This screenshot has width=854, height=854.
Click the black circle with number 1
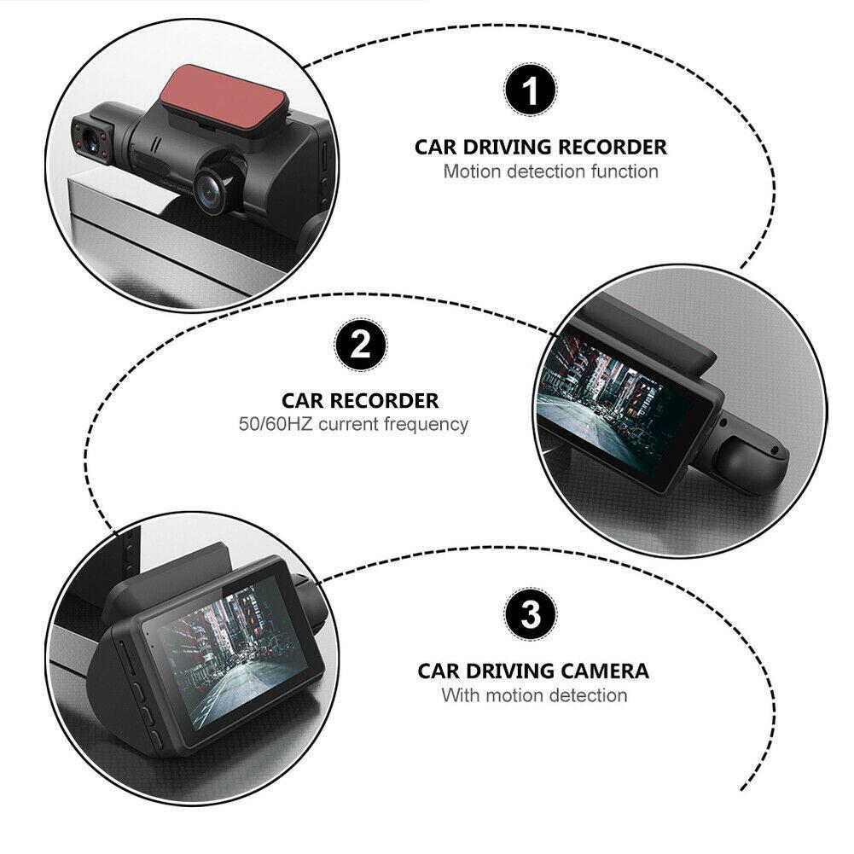coord(530,92)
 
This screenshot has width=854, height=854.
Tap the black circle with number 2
coord(360,345)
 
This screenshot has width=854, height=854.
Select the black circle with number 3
coord(531,614)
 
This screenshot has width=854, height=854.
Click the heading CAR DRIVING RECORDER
coord(541,147)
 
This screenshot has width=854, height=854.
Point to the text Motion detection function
coord(550,171)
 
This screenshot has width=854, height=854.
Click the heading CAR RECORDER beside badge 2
coord(360,400)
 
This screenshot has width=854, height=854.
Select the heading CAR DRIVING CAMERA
coord(533,671)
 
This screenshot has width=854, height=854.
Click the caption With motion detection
coord(534,695)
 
